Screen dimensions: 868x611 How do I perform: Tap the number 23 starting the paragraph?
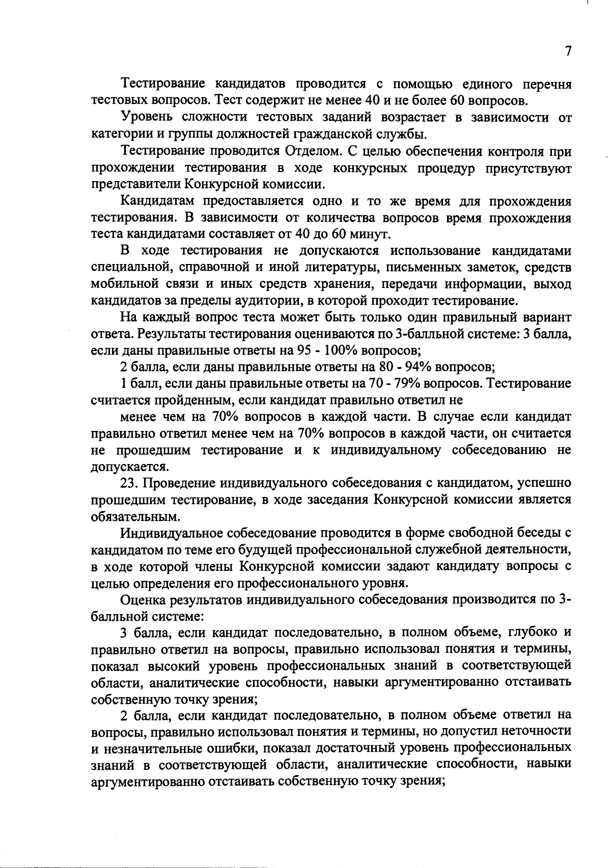pos(129,483)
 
